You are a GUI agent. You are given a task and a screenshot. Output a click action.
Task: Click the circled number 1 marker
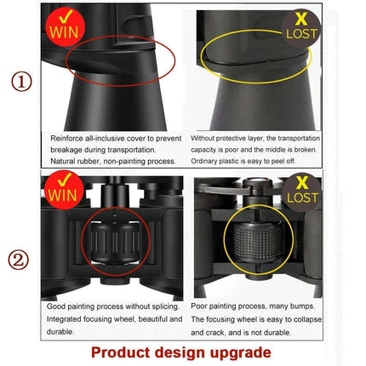[x=21, y=82]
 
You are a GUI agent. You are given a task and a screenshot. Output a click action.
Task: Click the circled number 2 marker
[x=19, y=260]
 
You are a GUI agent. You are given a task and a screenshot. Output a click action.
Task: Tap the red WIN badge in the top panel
[x=66, y=27]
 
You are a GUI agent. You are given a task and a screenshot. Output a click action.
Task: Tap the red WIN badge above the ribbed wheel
[x=64, y=190]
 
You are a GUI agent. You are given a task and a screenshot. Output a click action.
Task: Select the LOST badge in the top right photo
[x=300, y=28]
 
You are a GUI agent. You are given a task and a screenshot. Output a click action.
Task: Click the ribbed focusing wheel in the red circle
[x=115, y=242]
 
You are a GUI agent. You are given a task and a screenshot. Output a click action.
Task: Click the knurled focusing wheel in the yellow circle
[x=258, y=241]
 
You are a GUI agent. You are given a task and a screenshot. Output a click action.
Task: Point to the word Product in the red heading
[x=120, y=352]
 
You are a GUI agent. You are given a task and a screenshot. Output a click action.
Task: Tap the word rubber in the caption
[x=89, y=162]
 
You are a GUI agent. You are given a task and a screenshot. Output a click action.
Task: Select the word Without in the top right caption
[x=203, y=138]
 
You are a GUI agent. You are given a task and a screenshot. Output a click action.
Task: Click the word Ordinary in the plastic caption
[x=203, y=161]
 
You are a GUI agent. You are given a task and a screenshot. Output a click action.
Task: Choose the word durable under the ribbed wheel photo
[x=60, y=332]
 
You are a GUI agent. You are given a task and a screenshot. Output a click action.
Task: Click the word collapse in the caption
[x=308, y=320]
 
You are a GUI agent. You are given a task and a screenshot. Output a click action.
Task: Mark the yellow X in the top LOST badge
[x=300, y=19]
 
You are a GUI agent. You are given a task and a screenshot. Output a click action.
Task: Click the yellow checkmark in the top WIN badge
[x=66, y=16]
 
